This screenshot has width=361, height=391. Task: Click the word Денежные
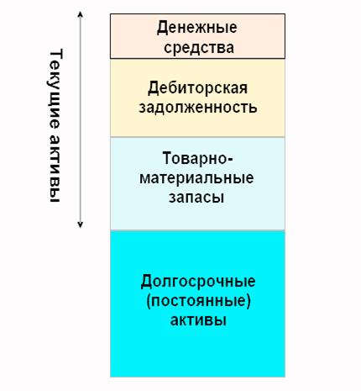point(197,29)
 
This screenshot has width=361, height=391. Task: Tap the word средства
point(199,48)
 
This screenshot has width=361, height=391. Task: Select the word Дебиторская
point(197,89)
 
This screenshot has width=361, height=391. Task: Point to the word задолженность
point(198,108)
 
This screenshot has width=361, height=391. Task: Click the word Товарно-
point(197,158)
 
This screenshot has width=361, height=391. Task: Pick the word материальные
point(196,177)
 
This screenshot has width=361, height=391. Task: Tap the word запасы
point(196,198)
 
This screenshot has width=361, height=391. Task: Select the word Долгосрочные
point(198,282)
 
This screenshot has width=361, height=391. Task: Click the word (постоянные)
point(198,301)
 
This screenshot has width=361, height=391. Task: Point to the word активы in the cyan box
point(198,320)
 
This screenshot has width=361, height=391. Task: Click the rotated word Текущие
point(55,89)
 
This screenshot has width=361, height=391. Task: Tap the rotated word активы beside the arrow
point(55,168)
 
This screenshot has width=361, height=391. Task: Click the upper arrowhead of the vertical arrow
point(81,14)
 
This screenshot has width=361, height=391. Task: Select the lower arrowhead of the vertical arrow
point(81,225)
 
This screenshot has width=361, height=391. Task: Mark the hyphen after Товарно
point(230,160)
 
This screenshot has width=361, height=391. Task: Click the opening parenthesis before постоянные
point(149,302)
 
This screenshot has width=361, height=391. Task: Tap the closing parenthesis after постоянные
point(249,302)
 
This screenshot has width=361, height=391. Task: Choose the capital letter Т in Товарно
point(167,158)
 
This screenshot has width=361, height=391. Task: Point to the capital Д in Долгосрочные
point(146,282)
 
